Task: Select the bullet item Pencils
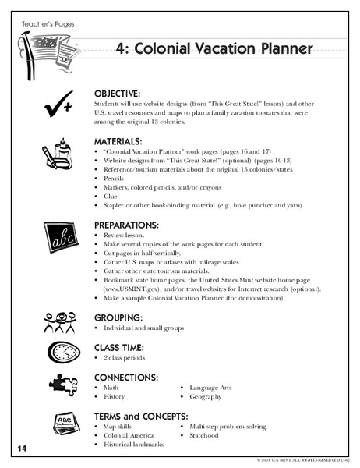114,178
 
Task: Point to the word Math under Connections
111,386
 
